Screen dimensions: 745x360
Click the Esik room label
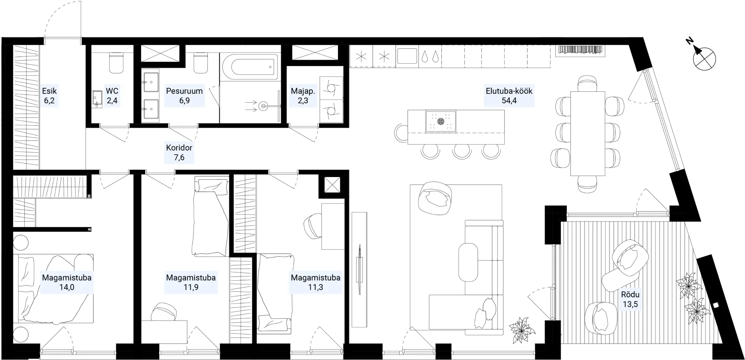(49, 91)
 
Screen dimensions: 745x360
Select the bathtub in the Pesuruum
(250, 67)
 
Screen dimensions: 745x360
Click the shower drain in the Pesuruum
(264, 106)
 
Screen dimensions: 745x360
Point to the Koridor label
(179, 148)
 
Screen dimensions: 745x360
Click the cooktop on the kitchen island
(441, 121)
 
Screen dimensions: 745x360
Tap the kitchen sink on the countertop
(407, 56)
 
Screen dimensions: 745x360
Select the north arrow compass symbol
(703, 56)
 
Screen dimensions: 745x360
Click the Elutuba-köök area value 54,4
(509, 101)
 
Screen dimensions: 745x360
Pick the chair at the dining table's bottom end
(588, 184)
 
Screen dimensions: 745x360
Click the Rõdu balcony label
(630, 294)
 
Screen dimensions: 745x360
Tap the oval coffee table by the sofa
(468, 262)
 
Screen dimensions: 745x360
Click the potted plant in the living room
(522, 329)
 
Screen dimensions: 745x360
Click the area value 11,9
(191, 287)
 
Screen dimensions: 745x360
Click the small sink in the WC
(97, 99)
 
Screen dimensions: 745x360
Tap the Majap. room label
(303, 91)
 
